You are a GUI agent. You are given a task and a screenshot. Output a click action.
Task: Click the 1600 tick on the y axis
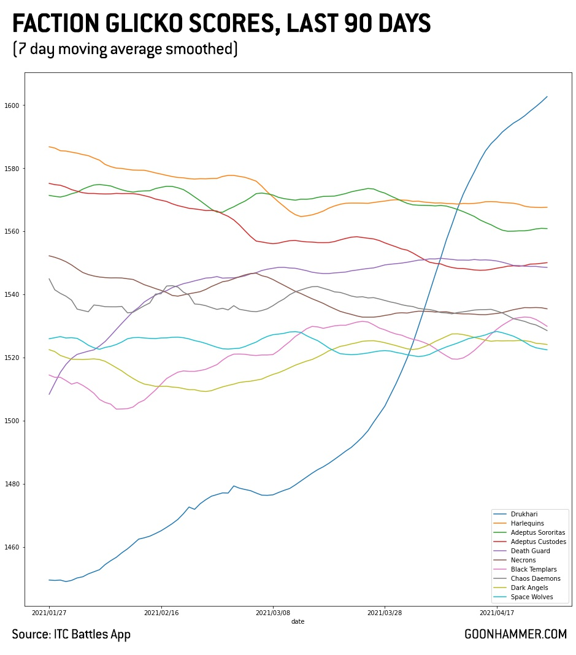pyautogui.click(x=13, y=105)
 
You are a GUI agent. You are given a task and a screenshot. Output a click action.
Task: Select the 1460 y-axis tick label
pyautogui.click(x=13, y=547)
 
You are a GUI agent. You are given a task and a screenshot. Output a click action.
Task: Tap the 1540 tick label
pyautogui.click(x=13, y=295)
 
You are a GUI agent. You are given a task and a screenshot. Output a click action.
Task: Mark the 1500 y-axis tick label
pyautogui.click(x=13, y=421)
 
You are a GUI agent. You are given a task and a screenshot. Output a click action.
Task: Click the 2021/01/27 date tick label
pyautogui.click(x=49, y=612)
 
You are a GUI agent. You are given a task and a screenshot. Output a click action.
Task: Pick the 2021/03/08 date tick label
pyautogui.click(x=273, y=612)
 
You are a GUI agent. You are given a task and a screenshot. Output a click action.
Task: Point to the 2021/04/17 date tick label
pyautogui.click(x=497, y=612)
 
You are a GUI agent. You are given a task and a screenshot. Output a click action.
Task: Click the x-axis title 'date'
pyautogui.click(x=298, y=621)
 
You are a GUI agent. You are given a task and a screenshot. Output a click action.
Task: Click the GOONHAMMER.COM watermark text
pyautogui.click(x=515, y=635)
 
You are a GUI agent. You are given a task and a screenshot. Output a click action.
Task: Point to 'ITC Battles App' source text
pyautogui.click(x=92, y=635)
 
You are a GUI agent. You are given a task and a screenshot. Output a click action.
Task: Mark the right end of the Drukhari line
pyautogui.click(x=547, y=96)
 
